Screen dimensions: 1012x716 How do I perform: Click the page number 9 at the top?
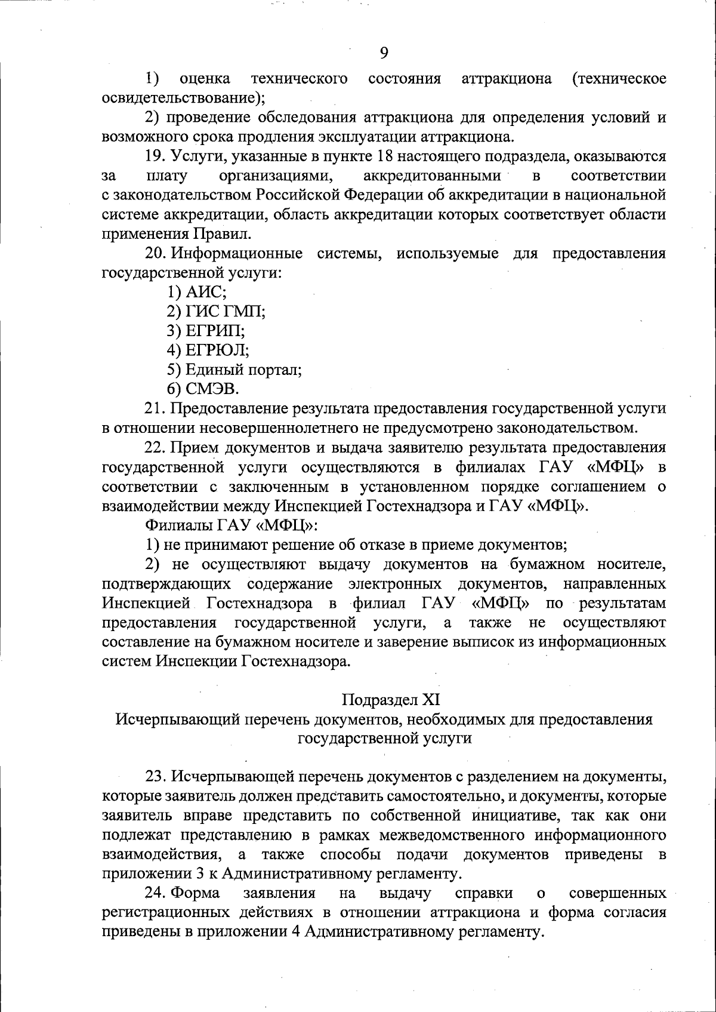coord(384,53)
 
